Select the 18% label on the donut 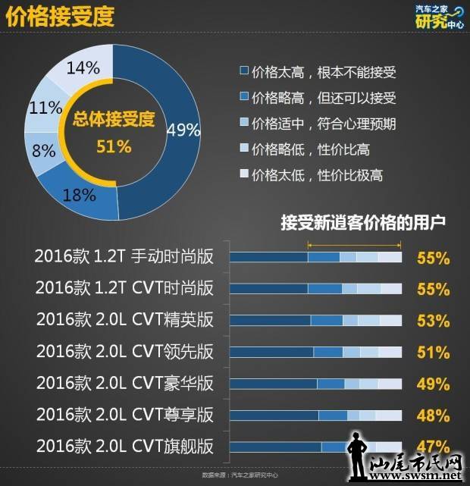[79, 194]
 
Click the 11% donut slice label [44, 108]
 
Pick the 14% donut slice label [83, 67]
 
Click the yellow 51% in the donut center [114, 146]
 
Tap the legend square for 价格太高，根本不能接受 [243, 72]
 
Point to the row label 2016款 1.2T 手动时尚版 [124, 257]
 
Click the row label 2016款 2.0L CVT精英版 [124, 320]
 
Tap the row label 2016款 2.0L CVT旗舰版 [124, 446]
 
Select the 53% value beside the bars [433, 321]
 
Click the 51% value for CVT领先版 [433, 352]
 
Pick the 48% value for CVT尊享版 [433, 415]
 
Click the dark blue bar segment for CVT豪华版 [273, 384]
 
